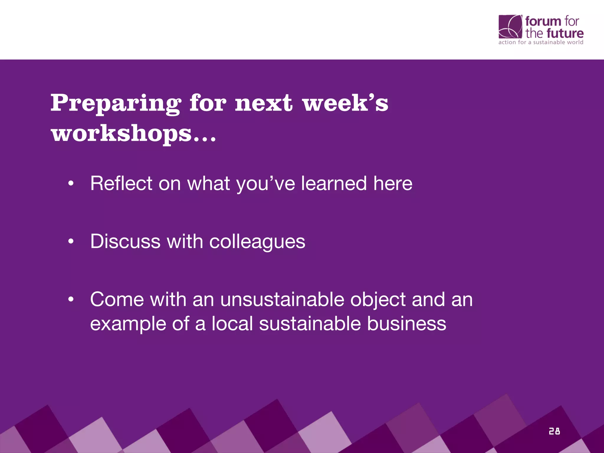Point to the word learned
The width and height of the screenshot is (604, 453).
[x=334, y=183]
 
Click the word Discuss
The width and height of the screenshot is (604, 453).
[x=125, y=242]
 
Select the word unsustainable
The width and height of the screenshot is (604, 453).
[x=282, y=300]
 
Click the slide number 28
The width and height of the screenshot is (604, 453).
[x=554, y=431]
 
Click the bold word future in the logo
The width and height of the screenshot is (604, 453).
[x=565, y=33]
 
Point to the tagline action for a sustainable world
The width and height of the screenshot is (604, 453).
[x=541, y=42]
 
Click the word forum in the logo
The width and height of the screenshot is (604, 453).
[x=543, y=22]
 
